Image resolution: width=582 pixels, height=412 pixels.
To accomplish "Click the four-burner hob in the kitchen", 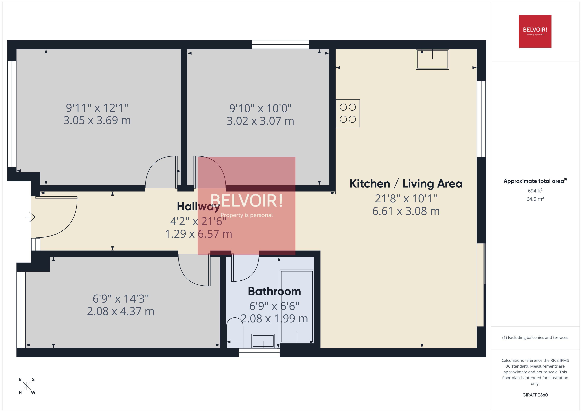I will (348, 113).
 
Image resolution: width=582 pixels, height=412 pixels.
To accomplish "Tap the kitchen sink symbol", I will (432, 59).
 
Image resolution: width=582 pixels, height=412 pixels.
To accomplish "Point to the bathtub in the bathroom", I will (297, 307).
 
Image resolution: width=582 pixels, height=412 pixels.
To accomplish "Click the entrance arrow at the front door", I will (30, 217).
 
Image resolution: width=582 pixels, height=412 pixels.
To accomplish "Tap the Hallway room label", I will (198, 206).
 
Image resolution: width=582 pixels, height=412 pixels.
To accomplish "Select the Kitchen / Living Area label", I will (406, 184).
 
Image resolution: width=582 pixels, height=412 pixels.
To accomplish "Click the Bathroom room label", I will (274, 291).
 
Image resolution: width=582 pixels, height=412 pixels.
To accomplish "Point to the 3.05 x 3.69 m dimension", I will (97, 120).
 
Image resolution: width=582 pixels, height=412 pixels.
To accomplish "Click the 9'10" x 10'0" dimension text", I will (260, 109).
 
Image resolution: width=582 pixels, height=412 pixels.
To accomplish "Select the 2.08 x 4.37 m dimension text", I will (121, 311).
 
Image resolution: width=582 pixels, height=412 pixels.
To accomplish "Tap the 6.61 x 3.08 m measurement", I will (406, 211).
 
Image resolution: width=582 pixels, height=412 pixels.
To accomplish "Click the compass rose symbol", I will (27, 386).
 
